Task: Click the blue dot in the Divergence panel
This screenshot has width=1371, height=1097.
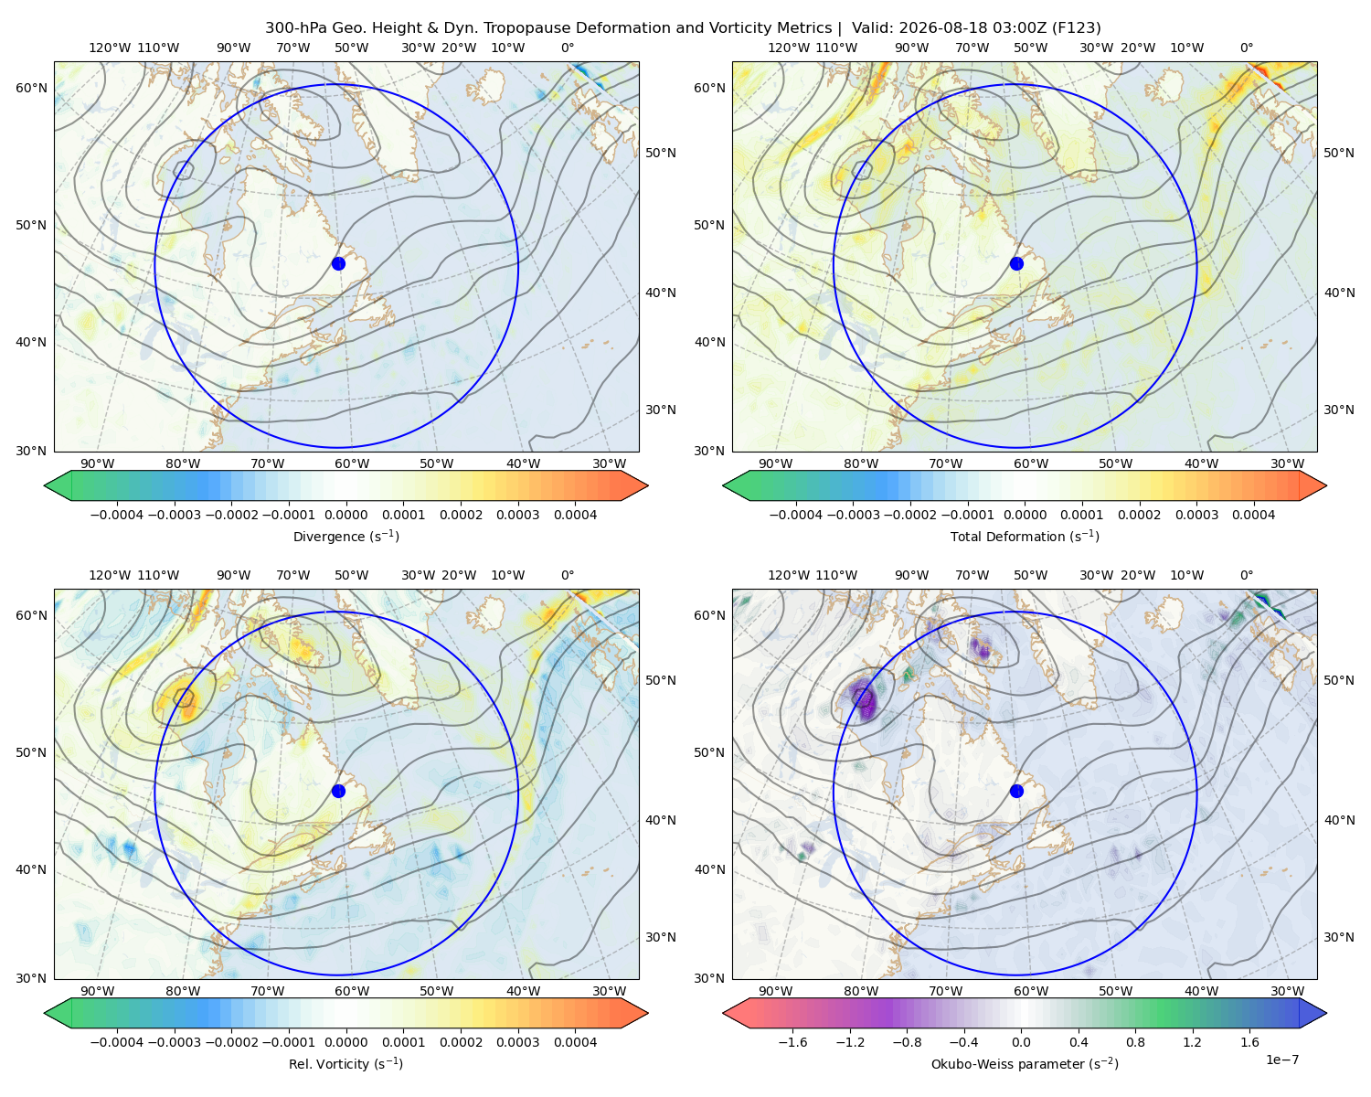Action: pyautogui.click(x=338, y=263)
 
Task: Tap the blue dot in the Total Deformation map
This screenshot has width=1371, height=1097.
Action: pyautogui.click(x=1016, y=263)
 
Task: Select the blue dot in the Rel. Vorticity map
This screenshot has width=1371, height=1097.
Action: pyautogui.click(x=338, y=791)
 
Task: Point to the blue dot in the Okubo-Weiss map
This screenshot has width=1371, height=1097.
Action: pyautogui.click(x=1016, y=791)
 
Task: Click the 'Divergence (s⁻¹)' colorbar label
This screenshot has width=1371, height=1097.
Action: pyautogui.click(x=345, y=536)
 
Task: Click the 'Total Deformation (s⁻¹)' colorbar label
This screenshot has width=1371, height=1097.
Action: pyautogui.click(x=1025, y=536)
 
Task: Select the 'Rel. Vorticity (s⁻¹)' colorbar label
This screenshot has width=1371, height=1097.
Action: pyautogui.click(x=345, y=1064)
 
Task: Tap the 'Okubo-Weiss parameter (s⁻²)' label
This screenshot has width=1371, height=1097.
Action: pyautogui.click(x=1025, y=1064)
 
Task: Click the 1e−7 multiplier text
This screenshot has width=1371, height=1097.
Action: pyautogui.click(x=1281, y=1060)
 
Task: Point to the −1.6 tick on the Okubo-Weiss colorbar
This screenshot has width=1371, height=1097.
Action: pyautogui.click(x=792, y=1042)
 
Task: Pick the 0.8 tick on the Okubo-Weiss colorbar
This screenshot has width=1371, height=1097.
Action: pyautogui.click(x=1135, y=1042)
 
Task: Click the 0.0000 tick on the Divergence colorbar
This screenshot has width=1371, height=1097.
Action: pyautogui.click(x=345, y=515)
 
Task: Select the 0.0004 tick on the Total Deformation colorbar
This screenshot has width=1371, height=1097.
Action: pyautogui.click(x=1254, y=515)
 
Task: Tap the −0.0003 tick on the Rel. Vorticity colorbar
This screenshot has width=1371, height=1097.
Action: pyautogui.click(x=174, y=1042)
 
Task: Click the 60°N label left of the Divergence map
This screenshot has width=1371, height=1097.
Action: pyautogui.click(x=31, y=88)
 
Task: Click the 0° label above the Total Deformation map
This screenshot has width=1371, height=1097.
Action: pyautogui.click(x=1247, y=48)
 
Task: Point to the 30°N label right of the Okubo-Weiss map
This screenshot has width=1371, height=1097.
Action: pyautogui.click(x=1339, y=937)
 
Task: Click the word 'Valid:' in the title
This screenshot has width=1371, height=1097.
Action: pyautogui.click(x=872, y=28)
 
